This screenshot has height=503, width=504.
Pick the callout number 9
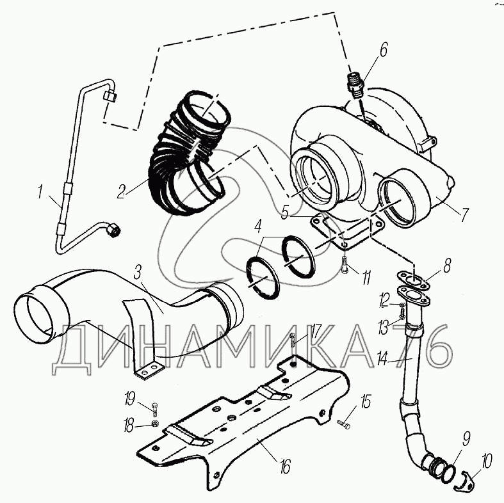pos(466,439)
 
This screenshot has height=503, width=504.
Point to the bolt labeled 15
pos(343,423)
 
